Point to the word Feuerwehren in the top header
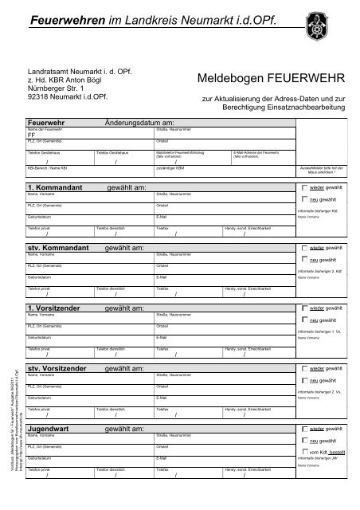(x=61, y=18)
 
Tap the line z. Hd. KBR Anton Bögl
(x=65, y=80)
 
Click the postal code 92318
(x=38, y=98)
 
